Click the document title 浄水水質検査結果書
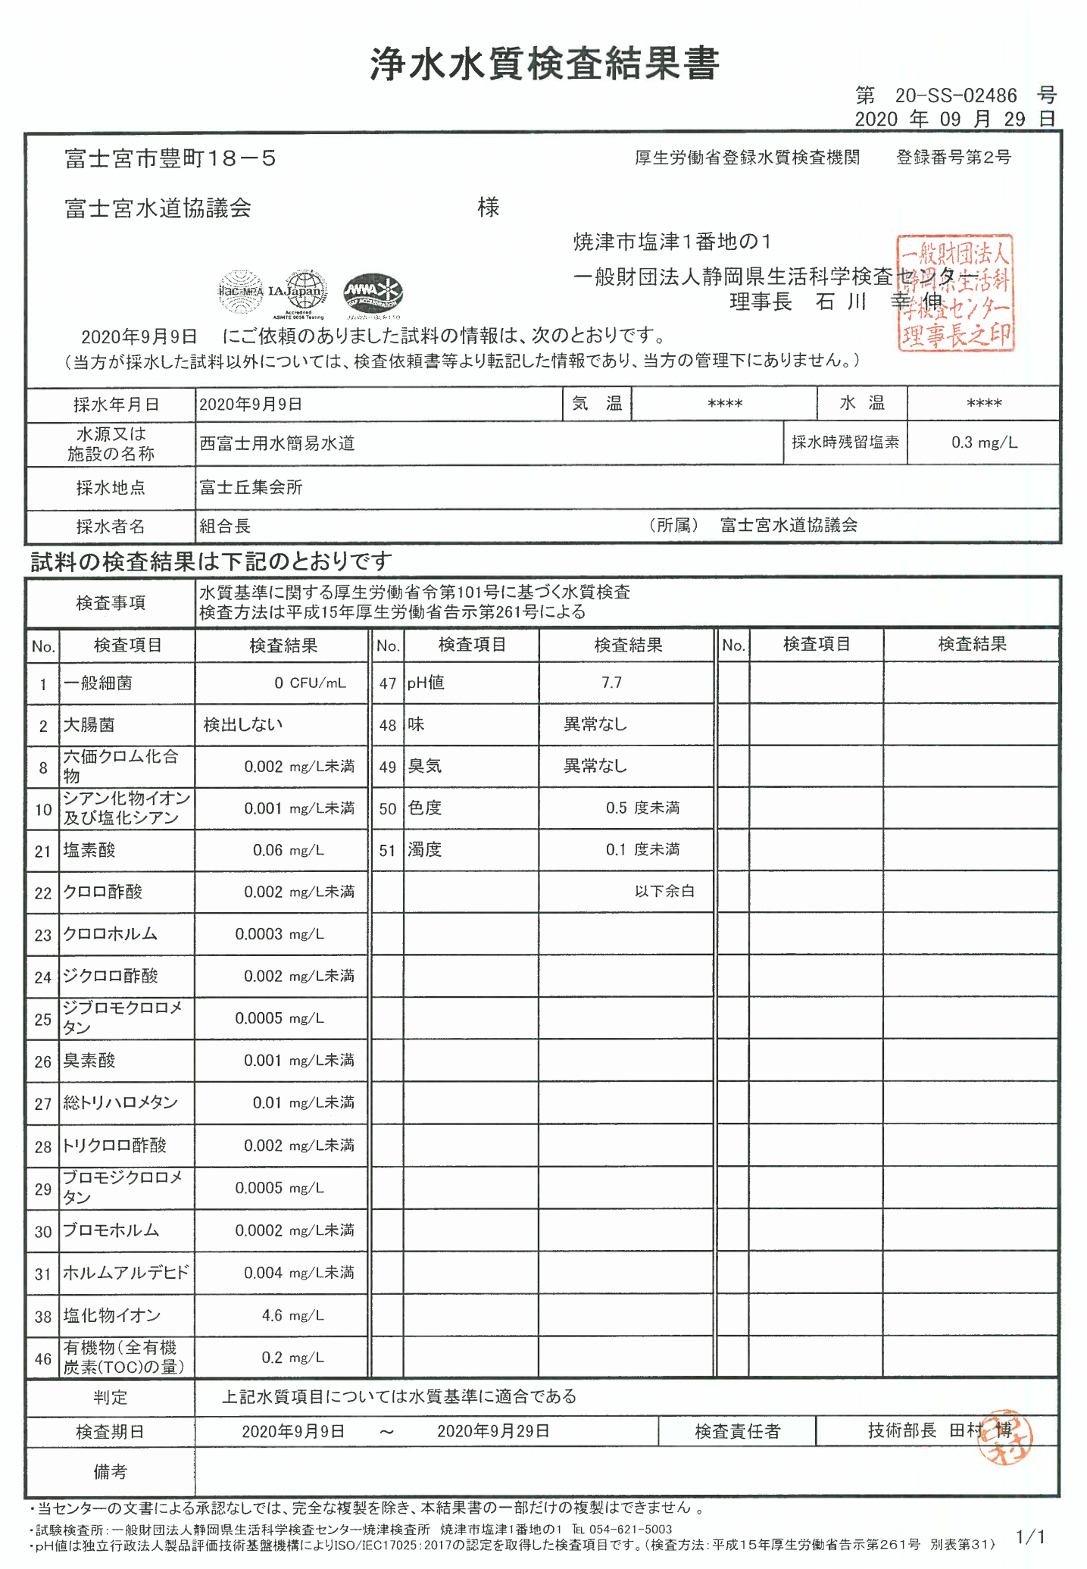coord(544,64)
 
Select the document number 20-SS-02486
coord(956,95)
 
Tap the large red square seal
coord(955,292)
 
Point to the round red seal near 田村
coord(1004,1437)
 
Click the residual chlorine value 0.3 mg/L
coord(984,442)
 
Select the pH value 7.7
coord(611,683)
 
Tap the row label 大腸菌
coord(89,725)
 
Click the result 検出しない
coord(243,724)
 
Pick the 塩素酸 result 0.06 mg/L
coord(288,850)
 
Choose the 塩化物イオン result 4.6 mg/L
coord(292,1315)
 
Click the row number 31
coord(43,1274)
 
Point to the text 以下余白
coord(664,892)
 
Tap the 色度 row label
coord(425,808)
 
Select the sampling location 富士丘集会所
coord(251,487)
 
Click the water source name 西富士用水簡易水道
coord(277,443)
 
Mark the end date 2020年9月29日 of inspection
coord(493,1431)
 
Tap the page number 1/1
coord(1030,1536)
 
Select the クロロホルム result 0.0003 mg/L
coord(279,934)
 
